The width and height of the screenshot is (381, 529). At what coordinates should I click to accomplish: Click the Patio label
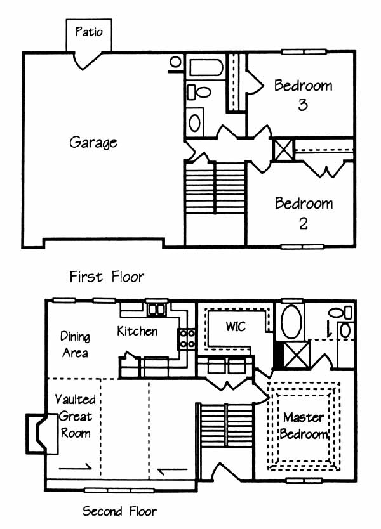pyautogui.click(x=89, y=32)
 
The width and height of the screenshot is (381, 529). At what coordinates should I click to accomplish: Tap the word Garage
pyautogui.click(x=93, y=142)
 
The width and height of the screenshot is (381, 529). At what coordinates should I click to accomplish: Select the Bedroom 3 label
pyautogui.click(x=303, y=95)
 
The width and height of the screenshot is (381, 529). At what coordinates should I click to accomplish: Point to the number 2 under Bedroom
pyautogui.click(x=304, y=223)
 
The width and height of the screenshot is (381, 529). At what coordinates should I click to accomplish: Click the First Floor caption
pyautogui.click(x=107, y=277)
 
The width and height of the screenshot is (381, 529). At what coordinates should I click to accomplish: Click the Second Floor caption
pyautogui.click(x=119, y=511)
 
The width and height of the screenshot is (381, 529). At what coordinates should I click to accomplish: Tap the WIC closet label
pyautogui.click(x=236, y=326)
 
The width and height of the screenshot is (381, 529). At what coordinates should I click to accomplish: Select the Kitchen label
pyautogui.click(x=137, y=331)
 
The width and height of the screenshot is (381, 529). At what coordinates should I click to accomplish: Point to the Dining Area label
pyautogui.click(x=75, y=344)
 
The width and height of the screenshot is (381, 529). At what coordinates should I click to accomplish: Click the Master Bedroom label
pyautogui.click(x=304, y=426)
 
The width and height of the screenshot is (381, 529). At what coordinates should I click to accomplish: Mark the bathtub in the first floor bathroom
pyautogui.click(x=206, y=67)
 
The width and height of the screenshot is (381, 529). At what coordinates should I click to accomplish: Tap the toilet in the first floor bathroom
pyautogui.click(x=199, y=92)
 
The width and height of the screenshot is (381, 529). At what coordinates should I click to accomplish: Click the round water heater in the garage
pyautogui.click(x=175, y=62)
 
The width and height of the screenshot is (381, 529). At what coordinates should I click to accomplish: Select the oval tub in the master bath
pyautogui.click(x=291, y=322)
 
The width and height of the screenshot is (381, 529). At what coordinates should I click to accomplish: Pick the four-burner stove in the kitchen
pyautogui.click(x=187, y=339)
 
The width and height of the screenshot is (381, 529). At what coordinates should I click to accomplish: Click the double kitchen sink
pyautogui.click(x=157, y=310)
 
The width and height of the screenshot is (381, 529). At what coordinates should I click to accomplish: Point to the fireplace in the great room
pyautogui.click(x=42, y=433)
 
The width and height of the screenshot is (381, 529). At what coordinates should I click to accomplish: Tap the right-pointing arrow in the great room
pyautogui.click(x=75, y=467)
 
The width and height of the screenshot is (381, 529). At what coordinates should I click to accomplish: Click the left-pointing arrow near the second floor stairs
pyautogui.click(x=173, y=470)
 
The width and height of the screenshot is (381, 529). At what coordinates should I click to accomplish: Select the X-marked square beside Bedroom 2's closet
pyautogui.click(x=283, y=150)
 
